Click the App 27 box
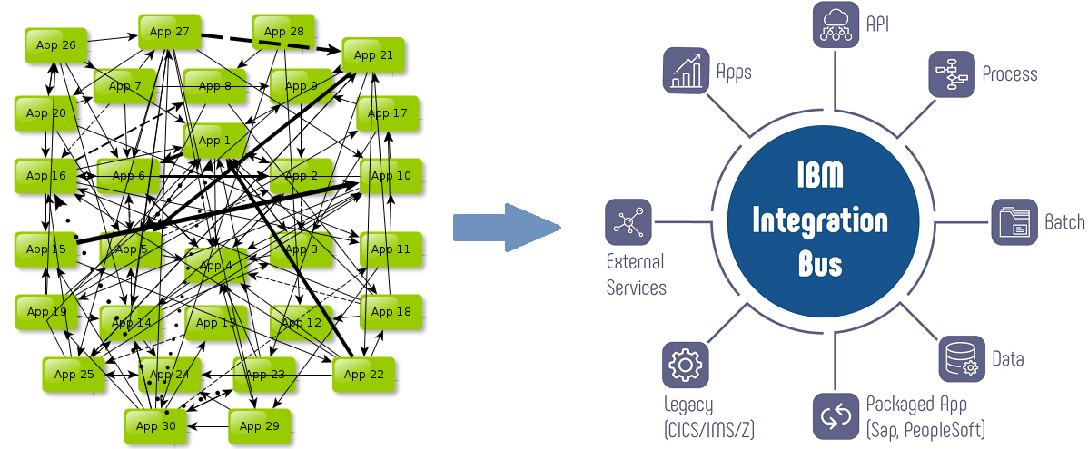[169, 33]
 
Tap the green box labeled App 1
[214, 141]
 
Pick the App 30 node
[155, 426]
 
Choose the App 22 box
[363, 375]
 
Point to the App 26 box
[55, 45]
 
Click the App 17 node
[388, 114]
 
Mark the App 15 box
[45, 249]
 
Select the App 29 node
[259, 426]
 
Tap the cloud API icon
[835, 24]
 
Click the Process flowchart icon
[951, 74]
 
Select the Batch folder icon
[1014, 222]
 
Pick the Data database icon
[961, 358]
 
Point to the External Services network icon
[628, 222]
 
